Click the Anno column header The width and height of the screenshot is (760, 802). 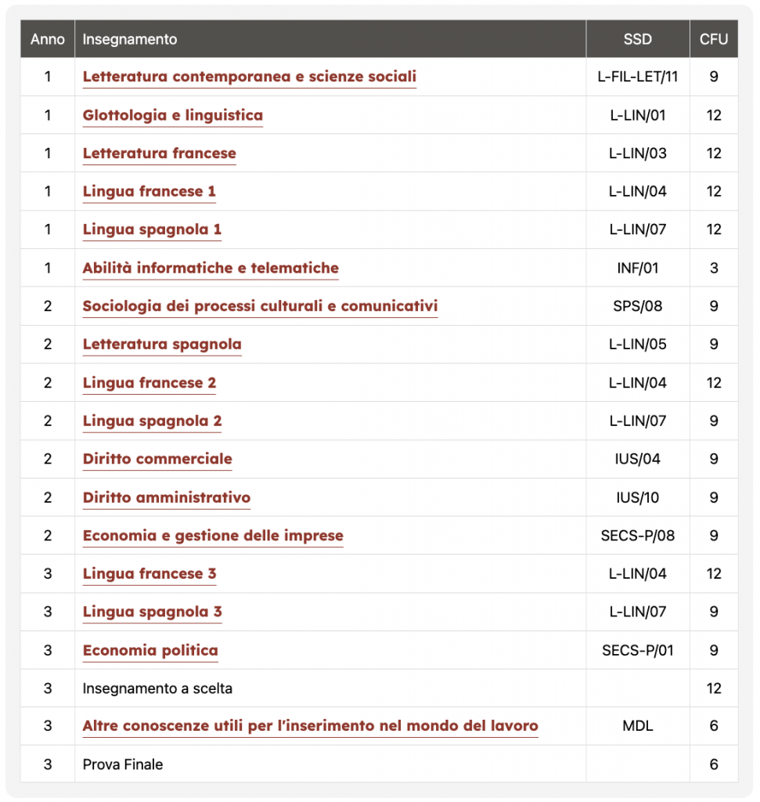pos(48,39)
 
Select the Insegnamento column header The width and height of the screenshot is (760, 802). pos(130,39)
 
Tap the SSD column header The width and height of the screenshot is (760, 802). pos(637,39)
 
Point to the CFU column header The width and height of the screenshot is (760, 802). pos(713,39)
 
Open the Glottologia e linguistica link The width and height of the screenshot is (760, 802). pos(172,115)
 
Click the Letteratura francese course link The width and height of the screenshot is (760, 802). pos(159,154)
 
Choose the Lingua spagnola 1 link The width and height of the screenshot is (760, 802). pos(152,229)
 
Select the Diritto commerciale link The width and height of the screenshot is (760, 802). pos(157,459)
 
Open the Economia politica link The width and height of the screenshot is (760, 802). pos(150,650)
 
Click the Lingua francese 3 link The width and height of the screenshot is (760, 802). pos(149,573)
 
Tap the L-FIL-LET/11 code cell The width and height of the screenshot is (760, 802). pos(637,77)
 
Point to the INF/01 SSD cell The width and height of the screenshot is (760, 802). pos(637,268)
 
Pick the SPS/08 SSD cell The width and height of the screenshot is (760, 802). pos(637,306)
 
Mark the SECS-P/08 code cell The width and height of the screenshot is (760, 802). pos(637,536)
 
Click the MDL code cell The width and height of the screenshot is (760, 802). pos(637,726)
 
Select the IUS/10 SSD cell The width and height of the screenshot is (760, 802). pos(637,497)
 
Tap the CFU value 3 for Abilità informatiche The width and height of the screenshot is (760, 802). pos(713,268)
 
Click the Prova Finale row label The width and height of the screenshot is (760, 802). pos(123,764)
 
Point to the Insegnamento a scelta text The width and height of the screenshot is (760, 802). pos(157,688)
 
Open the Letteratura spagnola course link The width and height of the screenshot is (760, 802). pos(162,345)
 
